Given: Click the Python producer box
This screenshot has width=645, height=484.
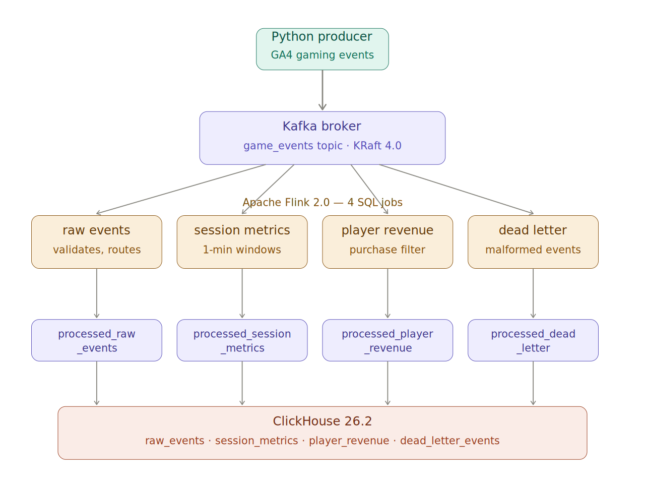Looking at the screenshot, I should coord(322,49).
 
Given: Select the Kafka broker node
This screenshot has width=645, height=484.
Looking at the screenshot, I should coord(322,138).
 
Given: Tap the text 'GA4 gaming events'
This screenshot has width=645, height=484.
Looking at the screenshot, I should coord(322,55).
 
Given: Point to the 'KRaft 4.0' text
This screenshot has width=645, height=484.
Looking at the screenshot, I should coord(377,146).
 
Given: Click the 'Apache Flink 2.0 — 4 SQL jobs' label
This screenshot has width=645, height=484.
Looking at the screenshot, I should coord(322,202).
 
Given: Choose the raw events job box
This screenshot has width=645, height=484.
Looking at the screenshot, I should coord(97,242).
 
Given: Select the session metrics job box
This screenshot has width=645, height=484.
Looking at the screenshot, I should coord(242,242).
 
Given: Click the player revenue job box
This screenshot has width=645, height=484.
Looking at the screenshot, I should coord(388,242).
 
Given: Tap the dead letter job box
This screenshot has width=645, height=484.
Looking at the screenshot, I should coord(533,242).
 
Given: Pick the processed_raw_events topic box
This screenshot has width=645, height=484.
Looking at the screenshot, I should coord(97,340).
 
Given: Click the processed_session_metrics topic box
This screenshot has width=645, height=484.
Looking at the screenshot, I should coord(242,340).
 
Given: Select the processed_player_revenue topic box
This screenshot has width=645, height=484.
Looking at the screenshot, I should coord(388,340).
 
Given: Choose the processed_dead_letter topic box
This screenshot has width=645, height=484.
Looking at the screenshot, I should coord(533,340).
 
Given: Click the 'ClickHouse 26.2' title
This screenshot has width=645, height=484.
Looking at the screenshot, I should coord(322,421).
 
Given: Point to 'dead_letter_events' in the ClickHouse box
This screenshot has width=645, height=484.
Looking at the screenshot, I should coord(449,441).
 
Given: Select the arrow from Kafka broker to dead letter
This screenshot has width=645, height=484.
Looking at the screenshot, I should coord(456,189).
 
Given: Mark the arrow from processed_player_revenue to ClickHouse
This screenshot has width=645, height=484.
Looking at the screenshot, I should coord(388,383).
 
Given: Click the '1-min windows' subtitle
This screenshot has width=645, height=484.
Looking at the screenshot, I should coord(242,250).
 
